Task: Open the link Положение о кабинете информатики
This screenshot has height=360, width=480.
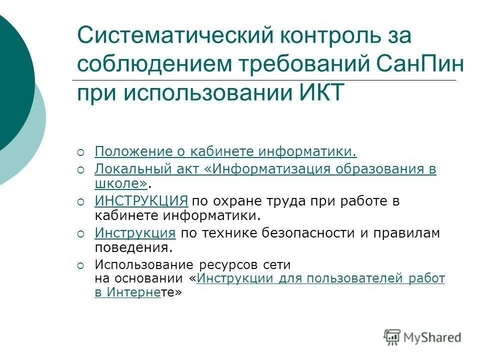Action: pyautogui.click(x=225, y=151)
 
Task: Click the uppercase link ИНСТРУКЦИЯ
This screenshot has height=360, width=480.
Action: pyautogui.click(x=141, y=201)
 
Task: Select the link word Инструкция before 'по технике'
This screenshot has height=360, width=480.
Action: pyautogui.click(x=134, y=233)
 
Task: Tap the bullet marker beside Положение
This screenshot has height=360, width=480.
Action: pyautogui.click(x=81, y=151)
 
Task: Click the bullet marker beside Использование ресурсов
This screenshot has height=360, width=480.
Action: pyautogui.click(x=81, y=264)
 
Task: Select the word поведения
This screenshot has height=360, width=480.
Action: pyautogui.click(x=133, y=247)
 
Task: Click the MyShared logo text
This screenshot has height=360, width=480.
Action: pyautogui.click(x=432, y=337)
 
